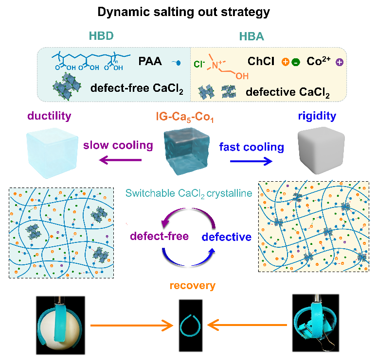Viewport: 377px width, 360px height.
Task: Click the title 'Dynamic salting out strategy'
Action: (x=188, y=12)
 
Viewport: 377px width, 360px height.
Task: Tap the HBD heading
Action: (x=102, y=36)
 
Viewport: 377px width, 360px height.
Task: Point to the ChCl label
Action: (x=261, y=62)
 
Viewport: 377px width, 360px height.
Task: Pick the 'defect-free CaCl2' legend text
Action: (x=129, y=88)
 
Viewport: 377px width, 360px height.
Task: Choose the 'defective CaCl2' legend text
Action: (x=286, y=91)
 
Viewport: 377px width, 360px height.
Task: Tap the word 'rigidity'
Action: (x=318, y=117)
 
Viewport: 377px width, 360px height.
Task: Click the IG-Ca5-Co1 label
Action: (x=187, y=117)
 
